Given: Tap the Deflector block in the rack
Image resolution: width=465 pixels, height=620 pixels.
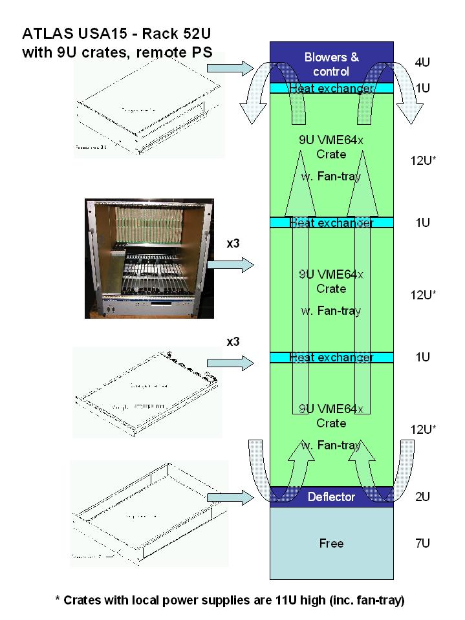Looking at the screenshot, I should (x=331, y=497).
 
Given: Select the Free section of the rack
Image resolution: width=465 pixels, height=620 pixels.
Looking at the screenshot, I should (x=331, y=543).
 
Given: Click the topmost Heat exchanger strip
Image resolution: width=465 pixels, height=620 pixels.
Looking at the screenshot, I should (x=331, y=88).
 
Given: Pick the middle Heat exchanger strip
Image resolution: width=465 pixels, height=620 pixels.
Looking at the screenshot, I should (x=331, y=222).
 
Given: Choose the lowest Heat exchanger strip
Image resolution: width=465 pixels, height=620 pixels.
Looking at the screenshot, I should (x=331, y=357).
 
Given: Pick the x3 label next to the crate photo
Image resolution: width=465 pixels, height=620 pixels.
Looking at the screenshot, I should (x=234, y=244).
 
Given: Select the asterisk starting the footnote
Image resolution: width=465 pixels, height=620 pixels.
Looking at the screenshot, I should (x=59, y=600).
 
